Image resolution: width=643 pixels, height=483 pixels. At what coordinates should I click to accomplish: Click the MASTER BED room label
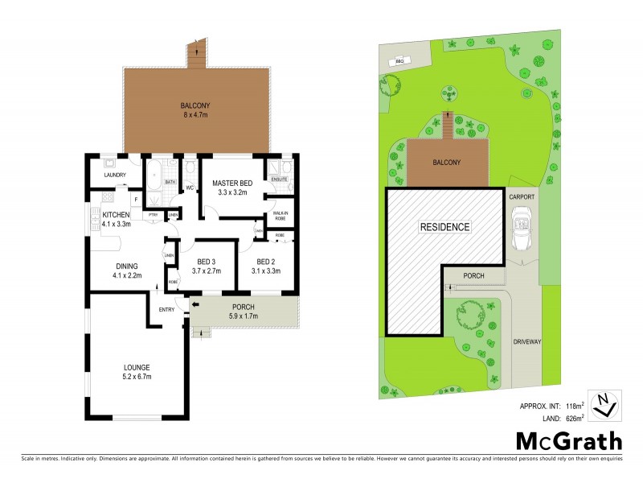[x=232, y=184]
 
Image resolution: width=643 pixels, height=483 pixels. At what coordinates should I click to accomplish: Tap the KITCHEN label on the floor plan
[x=116, y=214]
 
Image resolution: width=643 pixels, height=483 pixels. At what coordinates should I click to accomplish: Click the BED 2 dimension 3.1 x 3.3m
[x=268, y=272]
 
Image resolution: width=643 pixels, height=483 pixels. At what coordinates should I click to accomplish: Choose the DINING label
[x=126, y=266]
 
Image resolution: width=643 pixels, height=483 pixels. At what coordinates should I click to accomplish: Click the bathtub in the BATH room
[x=154, y=171]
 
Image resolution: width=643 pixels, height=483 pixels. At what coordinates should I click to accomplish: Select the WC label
[x=190, y=188]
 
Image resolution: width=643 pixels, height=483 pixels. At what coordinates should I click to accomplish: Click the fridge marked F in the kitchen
[x=136, y=198]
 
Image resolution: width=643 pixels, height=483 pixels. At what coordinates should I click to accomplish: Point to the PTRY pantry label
[x=153, y=215]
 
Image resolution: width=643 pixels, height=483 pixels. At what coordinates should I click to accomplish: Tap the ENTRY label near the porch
[x=166, y=309]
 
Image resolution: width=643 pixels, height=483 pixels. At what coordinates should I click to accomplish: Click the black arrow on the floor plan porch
[x=195, y=306]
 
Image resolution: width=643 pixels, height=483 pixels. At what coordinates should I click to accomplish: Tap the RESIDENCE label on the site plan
[x=444, y=227]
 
